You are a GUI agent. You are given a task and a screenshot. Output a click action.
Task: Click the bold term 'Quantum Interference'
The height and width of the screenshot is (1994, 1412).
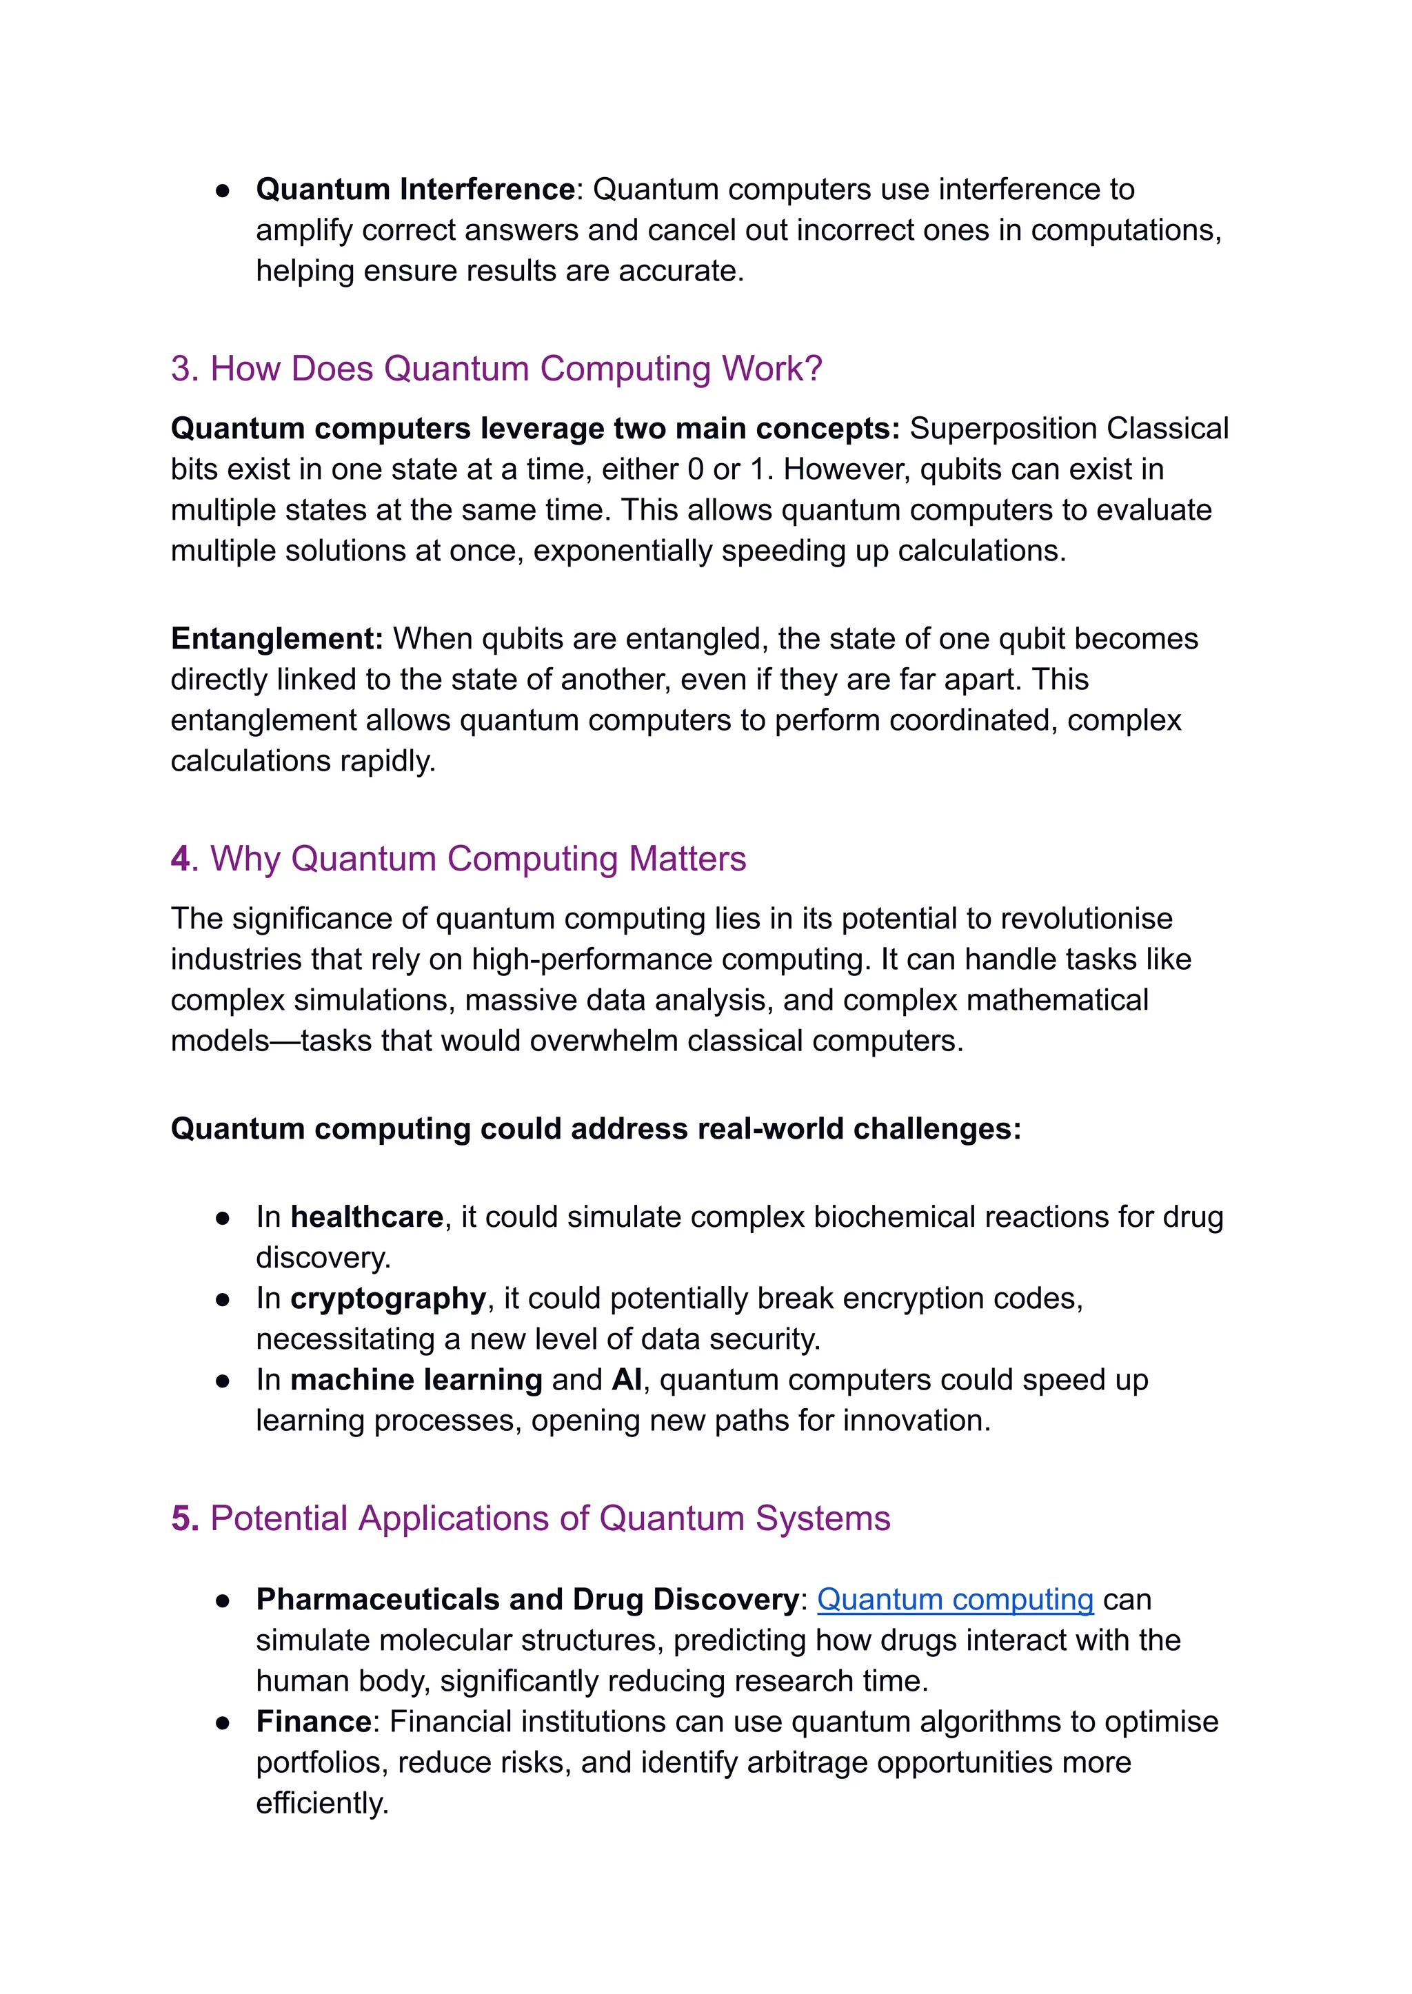415,190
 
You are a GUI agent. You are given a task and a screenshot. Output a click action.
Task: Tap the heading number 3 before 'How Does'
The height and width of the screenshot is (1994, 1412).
180,369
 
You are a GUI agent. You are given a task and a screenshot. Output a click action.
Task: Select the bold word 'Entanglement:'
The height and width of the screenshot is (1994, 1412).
276,639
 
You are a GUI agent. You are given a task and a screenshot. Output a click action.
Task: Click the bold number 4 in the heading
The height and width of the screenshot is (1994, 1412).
180,859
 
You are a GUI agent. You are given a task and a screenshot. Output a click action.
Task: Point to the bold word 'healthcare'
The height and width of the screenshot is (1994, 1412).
366,1217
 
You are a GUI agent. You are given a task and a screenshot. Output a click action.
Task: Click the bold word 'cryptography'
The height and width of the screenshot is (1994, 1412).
387,1299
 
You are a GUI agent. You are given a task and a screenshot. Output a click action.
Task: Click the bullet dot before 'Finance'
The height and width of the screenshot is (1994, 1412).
223,1723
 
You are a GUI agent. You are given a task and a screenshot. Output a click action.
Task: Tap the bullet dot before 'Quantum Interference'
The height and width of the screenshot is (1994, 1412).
223,190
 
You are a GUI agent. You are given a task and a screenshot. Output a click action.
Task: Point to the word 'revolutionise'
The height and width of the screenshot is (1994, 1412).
1075,919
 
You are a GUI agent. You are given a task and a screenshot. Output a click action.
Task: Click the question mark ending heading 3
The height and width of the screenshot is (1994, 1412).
813,369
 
